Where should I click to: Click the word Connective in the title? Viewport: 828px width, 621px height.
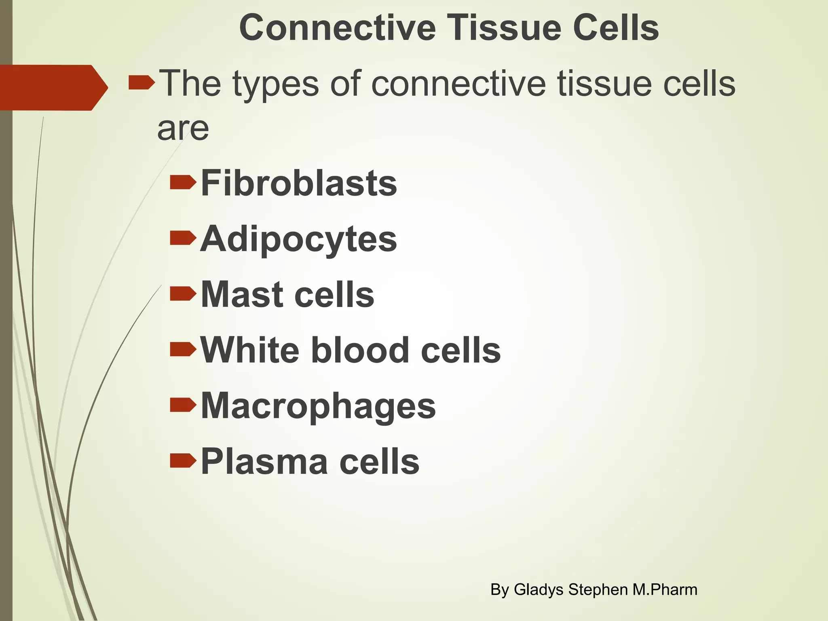[337, 27]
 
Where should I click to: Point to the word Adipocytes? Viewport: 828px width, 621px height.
[298, 239]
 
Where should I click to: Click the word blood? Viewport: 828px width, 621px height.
[360, 350]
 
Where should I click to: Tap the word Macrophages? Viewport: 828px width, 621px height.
[318, 406]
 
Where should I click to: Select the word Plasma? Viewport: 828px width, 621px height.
[264, 461]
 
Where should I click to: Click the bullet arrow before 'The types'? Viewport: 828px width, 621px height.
[142, 83]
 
